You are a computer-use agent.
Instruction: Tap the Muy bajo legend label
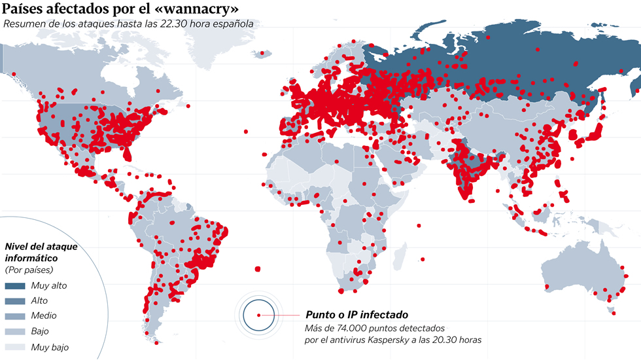click(50, 347)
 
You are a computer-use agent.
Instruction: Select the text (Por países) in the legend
click(29, 270)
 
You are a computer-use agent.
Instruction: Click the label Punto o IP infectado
click(356, 315)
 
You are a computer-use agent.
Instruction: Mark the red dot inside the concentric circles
click(259, 315)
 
